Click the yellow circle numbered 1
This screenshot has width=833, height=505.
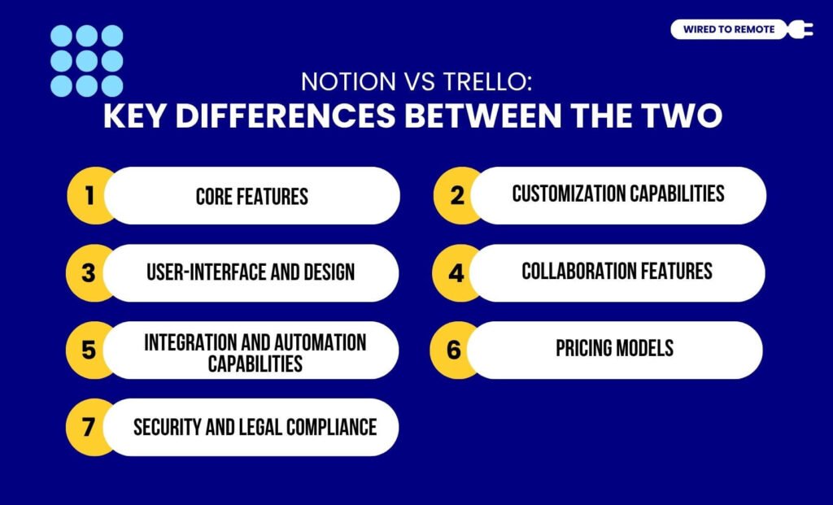(x=89, y=196)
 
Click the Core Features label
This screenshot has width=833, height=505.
(x=252, y=197)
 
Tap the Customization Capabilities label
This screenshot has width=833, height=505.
(x=618, y=194)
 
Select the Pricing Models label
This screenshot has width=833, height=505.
(x=615, y=348)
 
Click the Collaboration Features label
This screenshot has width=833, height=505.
(x=617, y=271)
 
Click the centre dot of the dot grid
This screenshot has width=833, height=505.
(x=86, y=61)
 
